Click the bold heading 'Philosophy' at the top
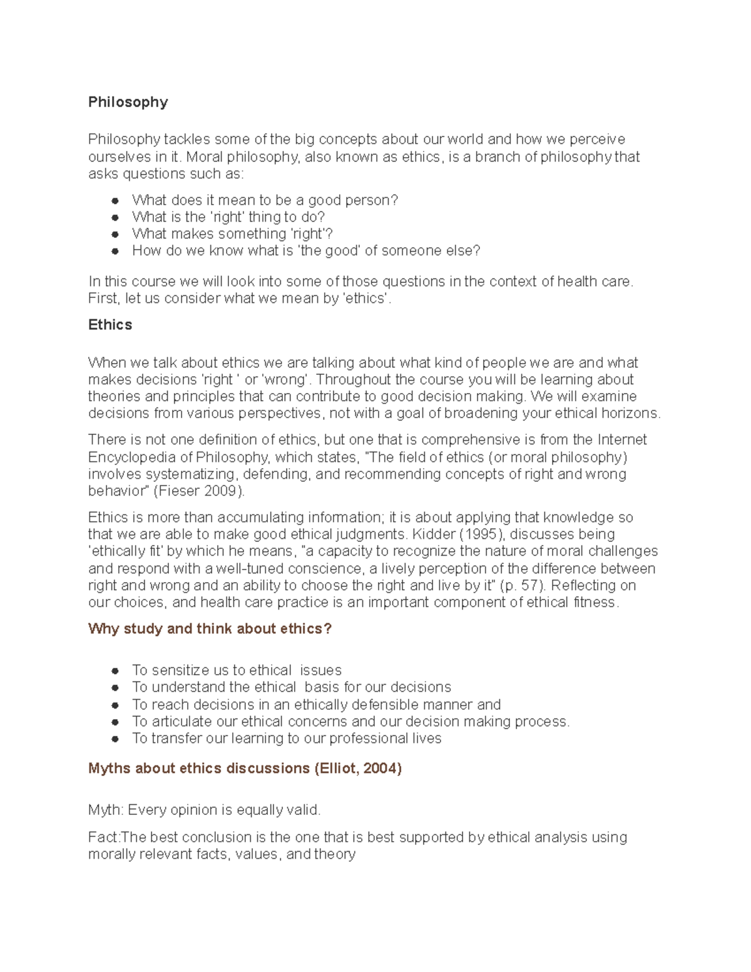pos(128,102)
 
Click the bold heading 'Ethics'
pos(110,325)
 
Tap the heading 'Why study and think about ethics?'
pos(210,628)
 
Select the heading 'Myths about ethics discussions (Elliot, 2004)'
pos(245,769)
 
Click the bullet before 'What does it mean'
pos(115,201)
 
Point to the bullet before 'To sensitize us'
pos(115,671)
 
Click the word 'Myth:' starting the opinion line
pos(106,811)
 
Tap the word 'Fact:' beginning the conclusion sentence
pos(104,837)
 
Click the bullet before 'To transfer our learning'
pos(115,739)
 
